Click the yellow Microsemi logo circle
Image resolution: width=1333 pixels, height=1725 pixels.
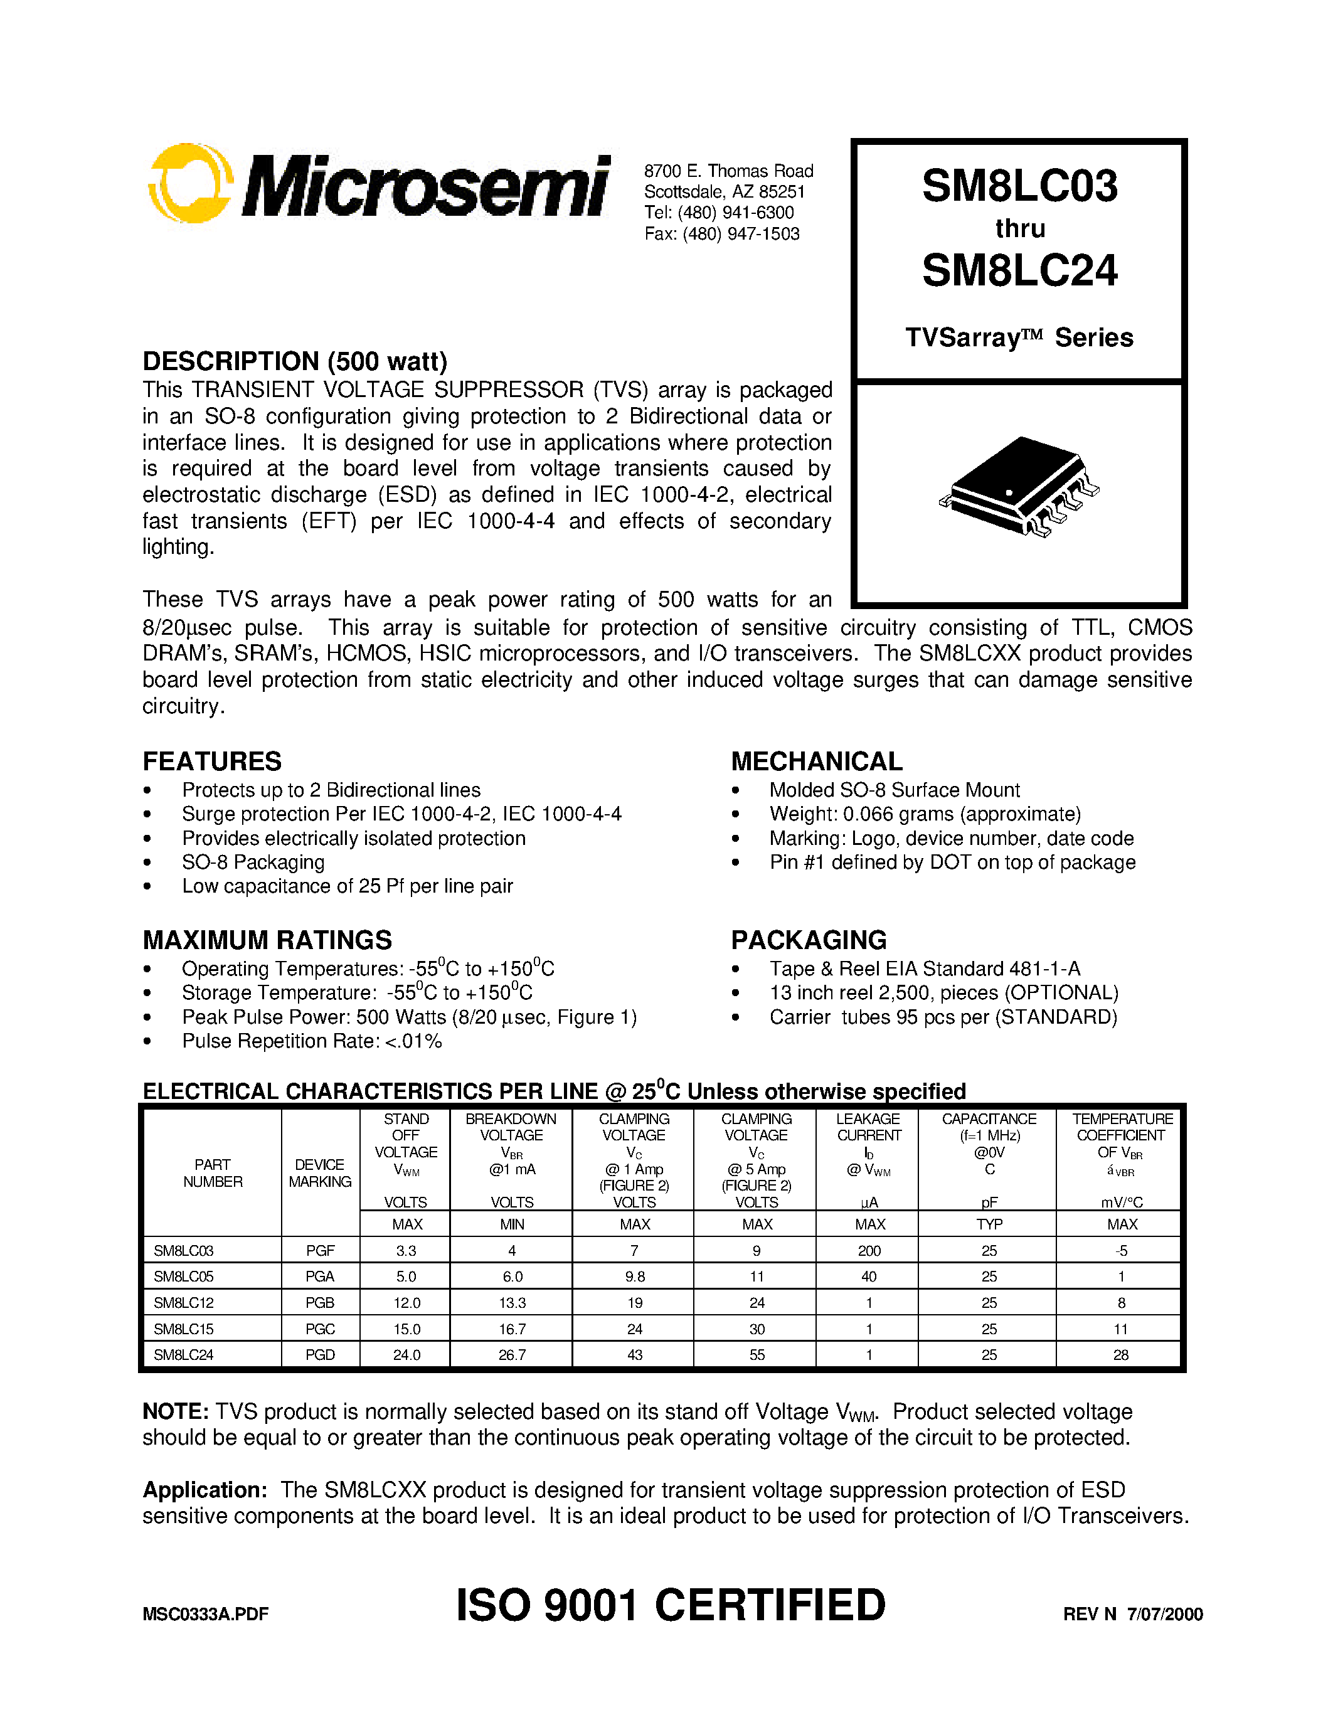189,183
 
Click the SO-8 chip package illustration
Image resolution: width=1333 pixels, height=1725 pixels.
1019,487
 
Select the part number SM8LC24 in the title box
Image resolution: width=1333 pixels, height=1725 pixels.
1019,271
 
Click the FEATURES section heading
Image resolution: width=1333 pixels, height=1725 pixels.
211,762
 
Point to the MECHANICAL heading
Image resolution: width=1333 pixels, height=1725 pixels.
817,762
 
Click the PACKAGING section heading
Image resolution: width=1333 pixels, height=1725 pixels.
809,940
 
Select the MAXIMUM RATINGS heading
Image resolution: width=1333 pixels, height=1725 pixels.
267,940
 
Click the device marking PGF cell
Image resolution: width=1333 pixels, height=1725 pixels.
320,1250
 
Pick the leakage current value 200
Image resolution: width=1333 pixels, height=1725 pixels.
869,1250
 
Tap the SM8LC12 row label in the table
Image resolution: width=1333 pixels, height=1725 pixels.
183,1302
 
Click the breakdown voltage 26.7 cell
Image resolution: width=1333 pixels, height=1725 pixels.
512,1354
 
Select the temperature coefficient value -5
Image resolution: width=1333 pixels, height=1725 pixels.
1122,1250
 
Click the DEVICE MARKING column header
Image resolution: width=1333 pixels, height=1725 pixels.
320,1173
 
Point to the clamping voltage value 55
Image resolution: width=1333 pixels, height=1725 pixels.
757,1354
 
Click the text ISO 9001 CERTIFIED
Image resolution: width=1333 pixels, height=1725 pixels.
671,1605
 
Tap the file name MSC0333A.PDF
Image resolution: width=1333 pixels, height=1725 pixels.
205,1613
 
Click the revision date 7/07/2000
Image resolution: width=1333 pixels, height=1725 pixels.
1165,1613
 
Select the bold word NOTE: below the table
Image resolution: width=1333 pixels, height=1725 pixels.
175,1411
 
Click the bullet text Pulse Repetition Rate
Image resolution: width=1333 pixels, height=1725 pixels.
311,1041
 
